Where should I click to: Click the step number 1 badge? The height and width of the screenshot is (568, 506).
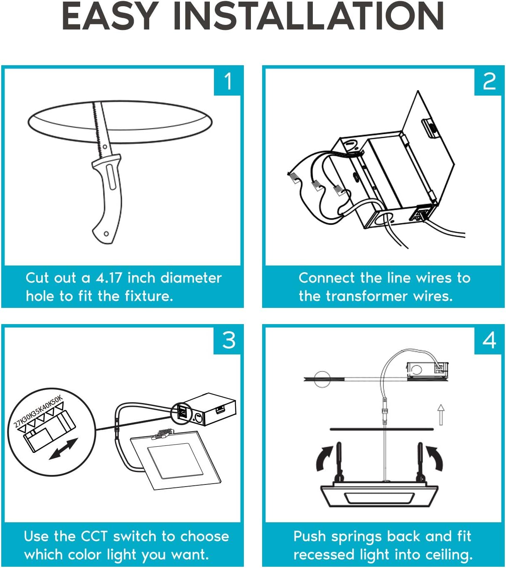click(x=227, y=81)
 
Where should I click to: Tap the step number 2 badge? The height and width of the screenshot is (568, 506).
click(x=488, y=81)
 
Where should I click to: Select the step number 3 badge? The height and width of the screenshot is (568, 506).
click(x=227, y=341)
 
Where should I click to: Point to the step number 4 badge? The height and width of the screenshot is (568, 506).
click(x=488, y=341)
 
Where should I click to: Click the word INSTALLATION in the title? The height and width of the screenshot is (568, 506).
click(x=308, y=16)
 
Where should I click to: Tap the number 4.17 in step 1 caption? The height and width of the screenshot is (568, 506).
click(x=108, y=278)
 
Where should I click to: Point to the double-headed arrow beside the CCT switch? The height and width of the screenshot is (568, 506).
click(x=63, y=449)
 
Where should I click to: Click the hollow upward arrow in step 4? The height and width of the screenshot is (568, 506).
click(x=441, y=415)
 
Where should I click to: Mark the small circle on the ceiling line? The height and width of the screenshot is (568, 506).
click(x=322, y=379)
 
